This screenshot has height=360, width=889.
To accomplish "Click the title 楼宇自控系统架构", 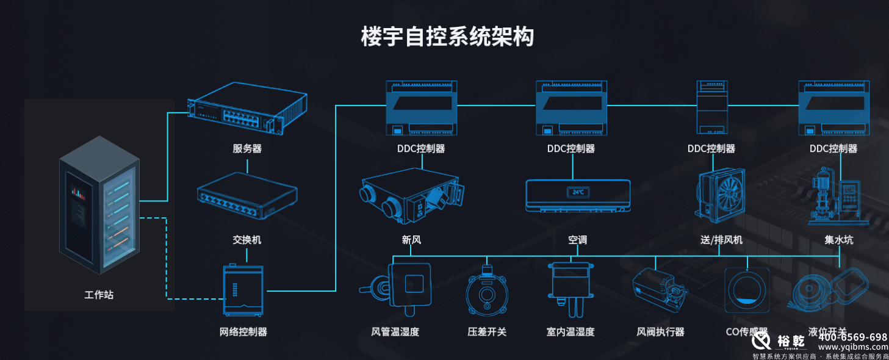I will click(x=447, y=37).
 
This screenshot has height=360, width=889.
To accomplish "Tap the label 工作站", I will click(x=99, y=295).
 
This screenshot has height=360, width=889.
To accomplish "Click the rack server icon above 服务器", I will click(x=247, y=110).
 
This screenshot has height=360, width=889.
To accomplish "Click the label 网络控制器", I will click(x=243, y=332).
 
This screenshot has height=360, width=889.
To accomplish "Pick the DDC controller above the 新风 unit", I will click(x=421, y=108).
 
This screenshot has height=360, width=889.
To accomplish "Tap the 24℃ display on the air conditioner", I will click(x=577, y=192).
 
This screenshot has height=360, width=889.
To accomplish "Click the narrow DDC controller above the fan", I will click(x=711, y=108).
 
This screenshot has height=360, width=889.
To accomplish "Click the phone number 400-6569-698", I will click(x=852, y=337).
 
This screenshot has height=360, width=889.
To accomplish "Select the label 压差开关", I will click(x=486, y=332).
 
